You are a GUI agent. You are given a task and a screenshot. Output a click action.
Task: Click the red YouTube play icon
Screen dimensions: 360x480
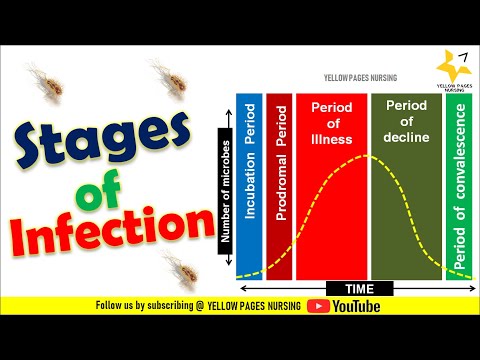pyautogui.click(x=320, y=306)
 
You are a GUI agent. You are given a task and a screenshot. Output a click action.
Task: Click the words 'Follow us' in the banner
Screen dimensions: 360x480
pyautogui.click(x=116, y=306)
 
